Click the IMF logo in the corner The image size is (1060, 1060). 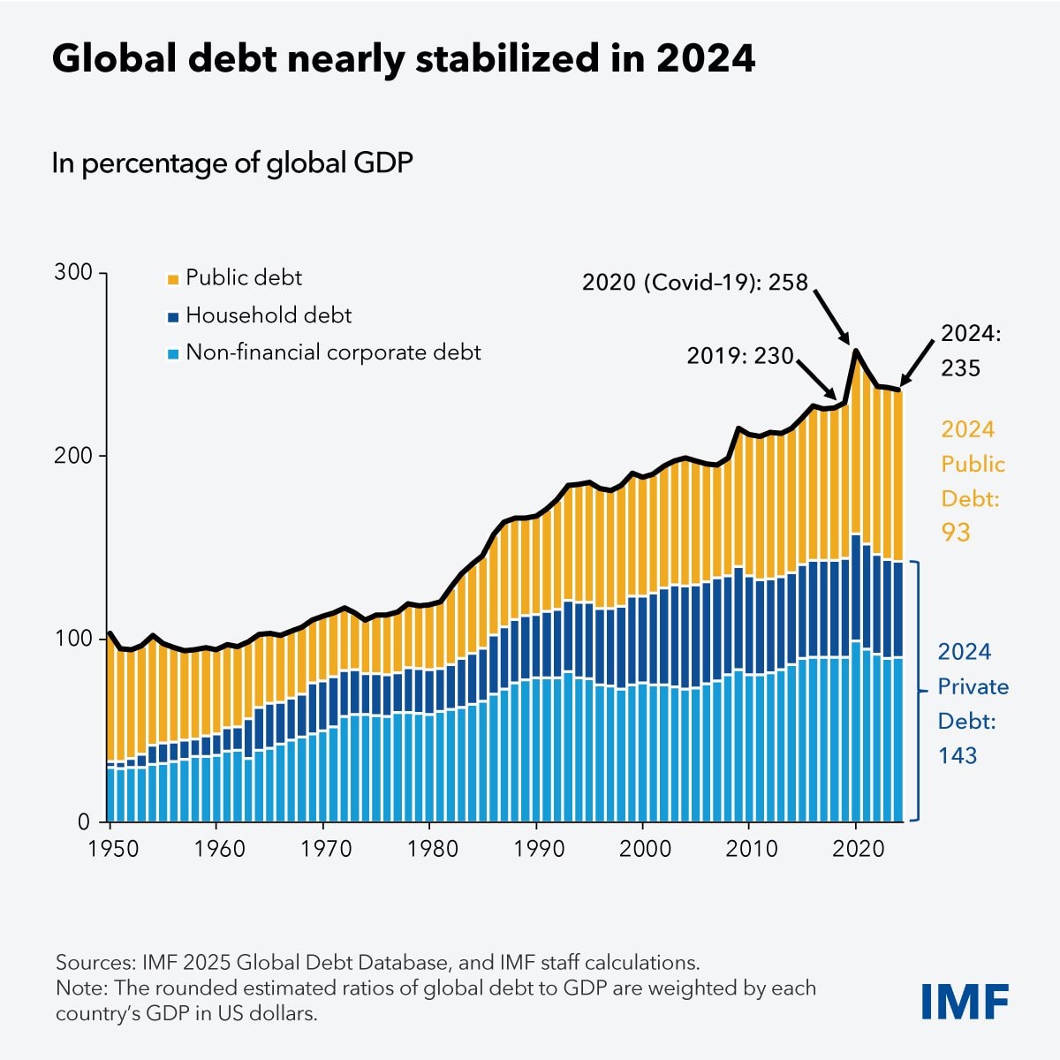(x=965, y=1001)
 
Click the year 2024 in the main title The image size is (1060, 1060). (x=705, y=58)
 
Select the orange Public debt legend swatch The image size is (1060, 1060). (x=172, y=279)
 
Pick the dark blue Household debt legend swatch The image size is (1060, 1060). (x=172, y=316)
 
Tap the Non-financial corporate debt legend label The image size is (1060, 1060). (x=333, y=352)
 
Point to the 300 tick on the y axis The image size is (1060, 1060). (x=73, y=272)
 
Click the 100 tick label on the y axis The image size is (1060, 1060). (x=73, y=638)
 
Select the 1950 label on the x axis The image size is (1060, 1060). (x=113, y=849)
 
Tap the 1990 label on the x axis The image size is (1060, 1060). (x=539, y=849)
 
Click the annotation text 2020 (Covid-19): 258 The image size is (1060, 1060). (x=694, y=282)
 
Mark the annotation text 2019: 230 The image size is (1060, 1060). (x=740, y=356)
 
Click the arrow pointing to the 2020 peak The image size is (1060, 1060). (x=831, y=316)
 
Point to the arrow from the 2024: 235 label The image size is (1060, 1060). (x=916, y=364)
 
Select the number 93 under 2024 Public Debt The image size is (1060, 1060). (x=955, y=532)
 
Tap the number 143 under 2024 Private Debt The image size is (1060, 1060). (x=958, y=755)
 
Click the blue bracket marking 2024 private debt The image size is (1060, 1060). (x=919, y=691)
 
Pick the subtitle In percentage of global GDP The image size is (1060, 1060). (x=232, y=163)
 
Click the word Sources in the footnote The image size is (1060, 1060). (x=92, y=962)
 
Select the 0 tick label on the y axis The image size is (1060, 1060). (x=84, y=821)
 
